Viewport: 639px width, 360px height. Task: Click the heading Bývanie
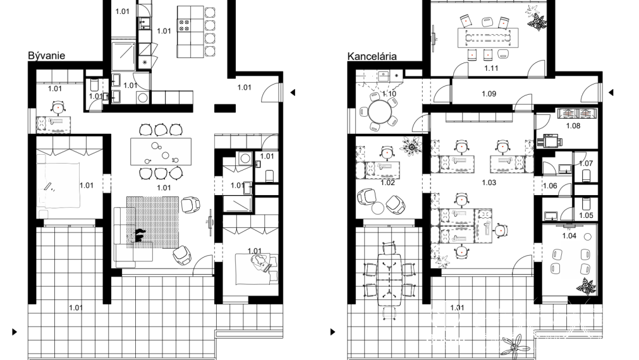[46, 56]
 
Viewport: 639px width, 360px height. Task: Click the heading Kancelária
[372, 56]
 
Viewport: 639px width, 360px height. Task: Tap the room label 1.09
[489, 95]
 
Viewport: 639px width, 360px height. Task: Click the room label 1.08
[573, 126]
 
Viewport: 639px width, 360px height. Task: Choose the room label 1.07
[586, 164]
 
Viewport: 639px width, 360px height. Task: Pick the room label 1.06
[549, 186]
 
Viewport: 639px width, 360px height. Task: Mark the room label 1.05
[586, 215]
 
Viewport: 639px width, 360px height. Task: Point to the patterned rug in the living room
[152, 221]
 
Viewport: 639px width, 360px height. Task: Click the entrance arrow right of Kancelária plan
[611, 93]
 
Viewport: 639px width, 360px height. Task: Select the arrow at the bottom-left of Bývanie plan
[15, 331]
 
